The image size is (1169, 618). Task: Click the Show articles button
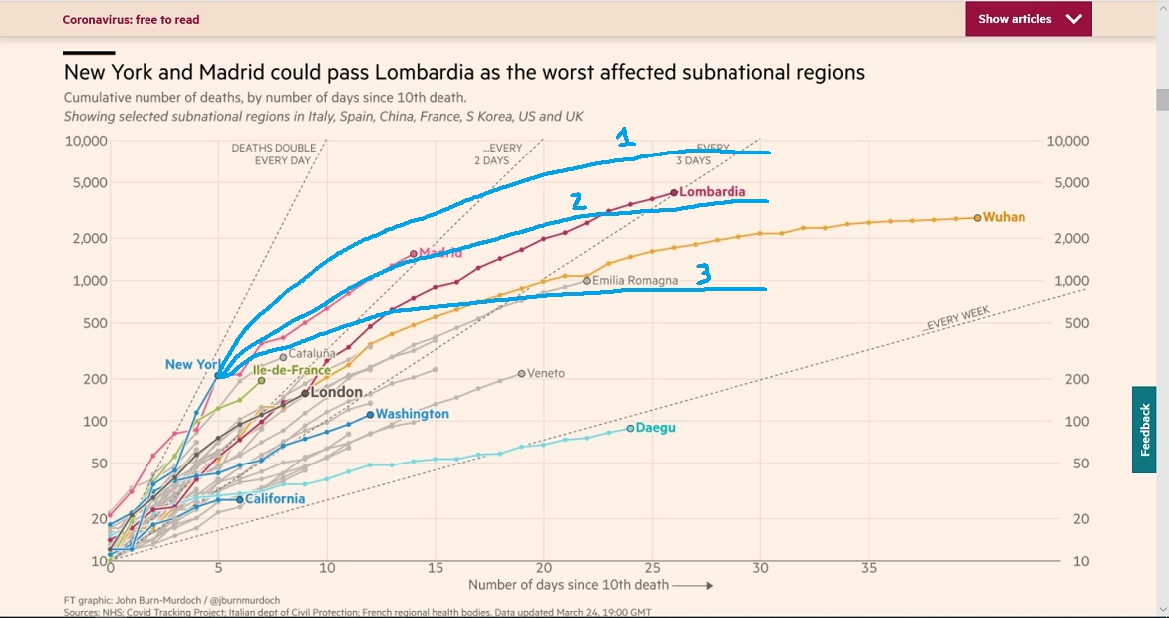(1027, 19)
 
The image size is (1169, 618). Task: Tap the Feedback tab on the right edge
(1144, 430)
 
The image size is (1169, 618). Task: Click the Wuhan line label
(1004, 217)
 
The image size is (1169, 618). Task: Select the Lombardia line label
(712, 192)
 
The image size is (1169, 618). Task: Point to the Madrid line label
(440, 253)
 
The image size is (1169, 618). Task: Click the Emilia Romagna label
(635, 281)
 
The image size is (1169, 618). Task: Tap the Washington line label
(413, 414)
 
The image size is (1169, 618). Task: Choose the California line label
(275, 498)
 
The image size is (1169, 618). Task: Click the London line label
(336, 392)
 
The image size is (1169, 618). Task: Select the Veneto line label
(546, 373)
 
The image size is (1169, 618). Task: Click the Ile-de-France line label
(291, 370)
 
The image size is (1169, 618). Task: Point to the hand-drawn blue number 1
(625, 138)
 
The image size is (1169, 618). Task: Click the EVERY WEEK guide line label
(957, 319)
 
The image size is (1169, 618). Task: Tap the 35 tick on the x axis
(869, 567)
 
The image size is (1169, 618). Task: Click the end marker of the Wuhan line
(977, 217)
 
